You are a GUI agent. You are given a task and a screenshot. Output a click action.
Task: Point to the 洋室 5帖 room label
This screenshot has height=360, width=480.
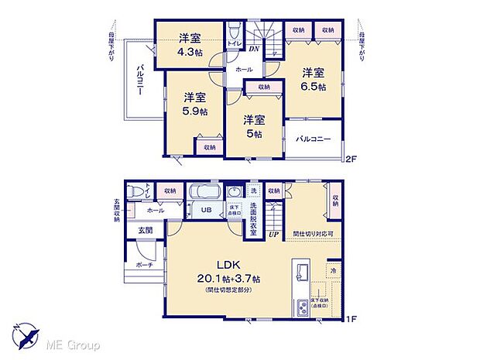[252, 126]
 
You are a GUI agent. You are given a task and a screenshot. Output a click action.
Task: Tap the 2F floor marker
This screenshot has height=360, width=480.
[351, 160]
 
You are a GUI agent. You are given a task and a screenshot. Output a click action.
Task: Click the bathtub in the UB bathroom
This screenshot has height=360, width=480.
[207, 192]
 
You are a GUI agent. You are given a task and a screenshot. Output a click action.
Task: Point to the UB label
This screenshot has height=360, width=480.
[207, 211]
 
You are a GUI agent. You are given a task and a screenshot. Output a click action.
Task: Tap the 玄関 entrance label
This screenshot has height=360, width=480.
[146, 230]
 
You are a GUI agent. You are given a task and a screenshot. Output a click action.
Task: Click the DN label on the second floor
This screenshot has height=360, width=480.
[253, 48]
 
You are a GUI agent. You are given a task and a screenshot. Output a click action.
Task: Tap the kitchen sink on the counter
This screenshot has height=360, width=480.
[301, 272]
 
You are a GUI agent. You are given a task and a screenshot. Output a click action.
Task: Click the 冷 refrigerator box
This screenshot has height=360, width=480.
[332, 271]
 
